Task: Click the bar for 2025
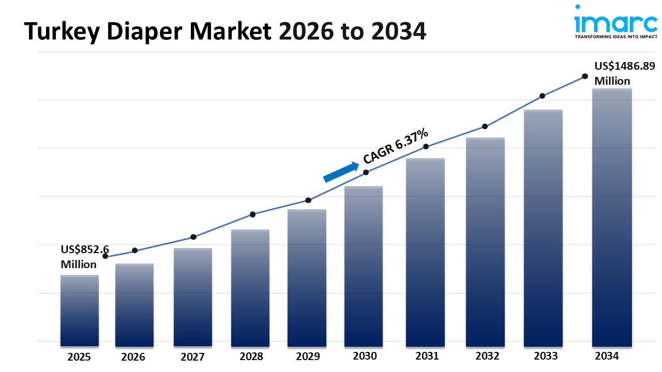click(x=79, y=310)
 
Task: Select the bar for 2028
click(x=250, y=288)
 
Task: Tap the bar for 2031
click(x=425, y=252)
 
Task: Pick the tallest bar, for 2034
click(x=612, y=217)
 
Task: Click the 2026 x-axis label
click(x=133, y=357)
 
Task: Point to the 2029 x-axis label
click(x=308, y=357)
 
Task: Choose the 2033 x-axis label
click(x=546, y=356)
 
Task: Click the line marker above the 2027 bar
click(x=193, y=237)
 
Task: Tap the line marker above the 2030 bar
click(x=366, y=173)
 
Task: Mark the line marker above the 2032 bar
click(x=485, y=127)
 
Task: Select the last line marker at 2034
click(x=585, y=76)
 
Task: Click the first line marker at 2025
click(x=106, y=256)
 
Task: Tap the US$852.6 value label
click(x=85, y=250)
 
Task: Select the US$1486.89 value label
click(x=624, y=66)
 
